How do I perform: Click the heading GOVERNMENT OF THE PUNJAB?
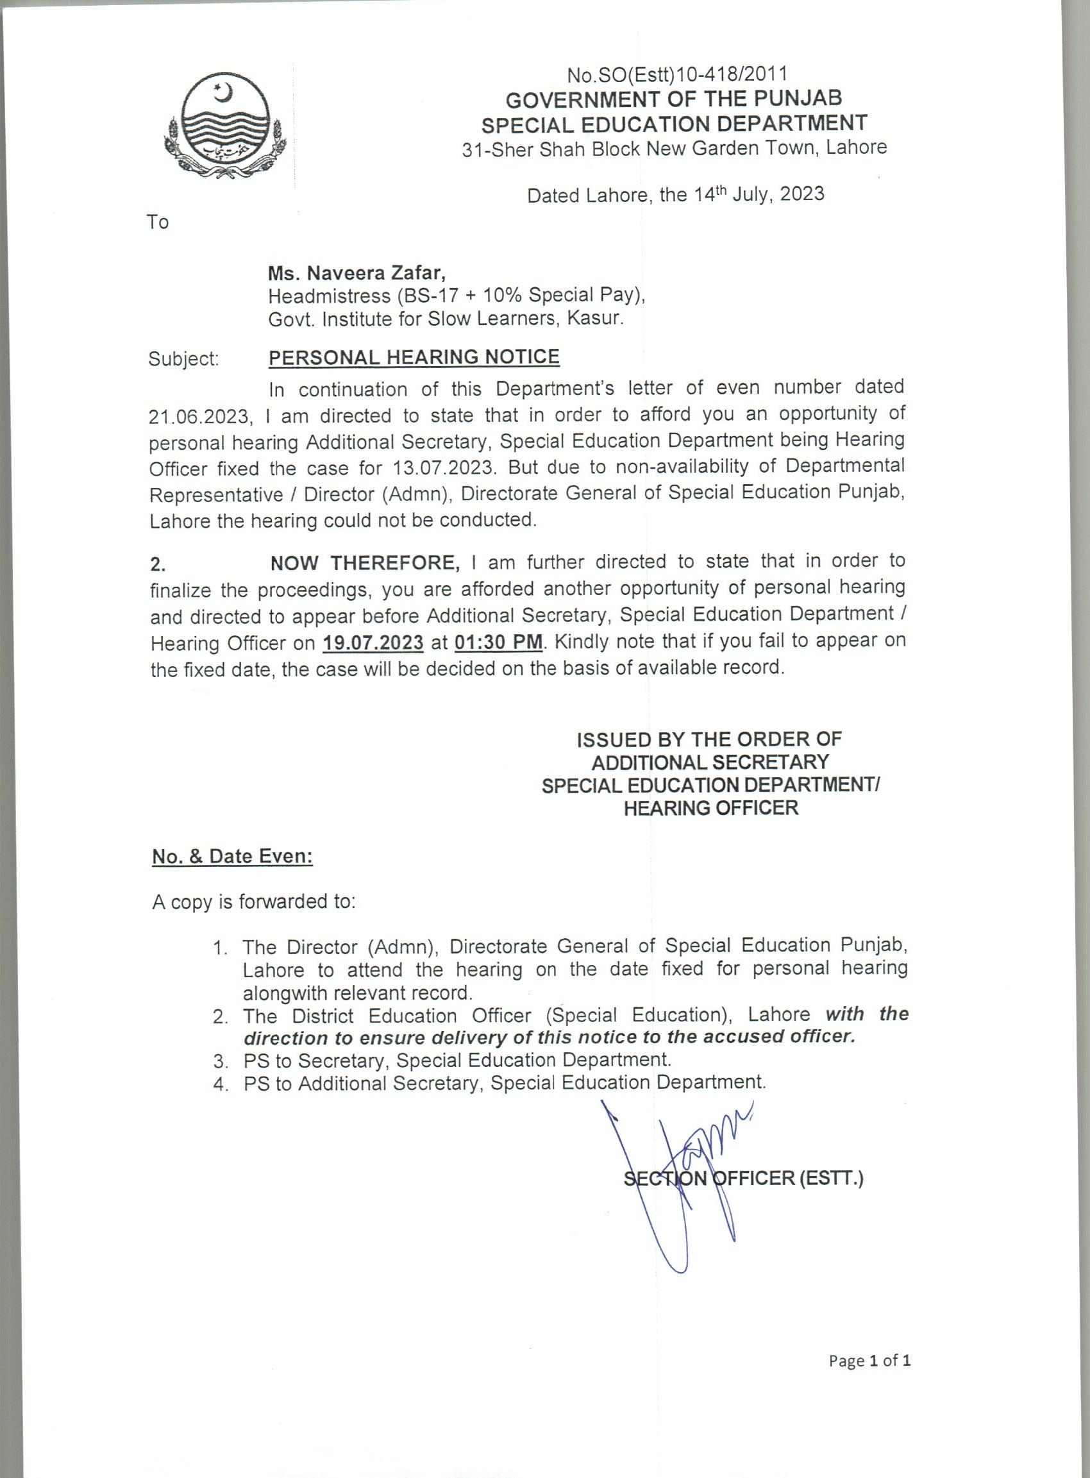coord(674,99)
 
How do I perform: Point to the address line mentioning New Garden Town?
coord(675,147)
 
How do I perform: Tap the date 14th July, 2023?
coord(759,194)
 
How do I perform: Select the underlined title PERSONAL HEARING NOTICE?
coord(414,357)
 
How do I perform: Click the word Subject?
coord(183,359)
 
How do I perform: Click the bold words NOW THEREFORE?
coord(365,563)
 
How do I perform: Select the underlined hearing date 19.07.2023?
coord(373,642)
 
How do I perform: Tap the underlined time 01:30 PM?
coord(499,641)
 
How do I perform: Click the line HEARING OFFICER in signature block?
coord(710,808)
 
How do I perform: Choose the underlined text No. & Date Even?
coord(232,857)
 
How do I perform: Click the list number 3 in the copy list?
coord(220,1061)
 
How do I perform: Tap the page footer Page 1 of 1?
coord(869,1361)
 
